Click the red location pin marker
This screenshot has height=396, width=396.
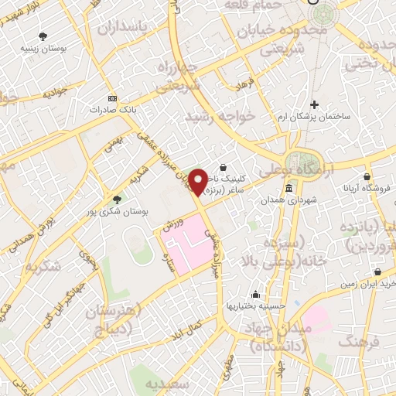coord(200,182)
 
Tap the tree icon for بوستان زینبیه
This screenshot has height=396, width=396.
coord(43,36)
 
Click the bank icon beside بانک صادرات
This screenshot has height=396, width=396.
coord(113,99)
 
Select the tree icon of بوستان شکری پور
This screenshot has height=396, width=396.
coord(116,199)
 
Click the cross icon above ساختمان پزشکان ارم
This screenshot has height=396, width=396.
coord(314,104)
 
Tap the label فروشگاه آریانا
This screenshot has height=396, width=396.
coord(368,187)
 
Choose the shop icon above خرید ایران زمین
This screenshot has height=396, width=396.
coord(377,272)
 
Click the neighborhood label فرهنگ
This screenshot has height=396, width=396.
coord(362,340)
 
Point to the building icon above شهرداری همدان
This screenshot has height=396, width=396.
coord(288,189)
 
